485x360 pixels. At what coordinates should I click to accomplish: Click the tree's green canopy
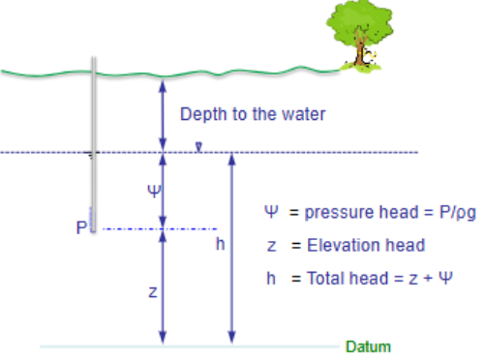point(360,21)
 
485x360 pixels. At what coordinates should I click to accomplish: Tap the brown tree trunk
point(361,53)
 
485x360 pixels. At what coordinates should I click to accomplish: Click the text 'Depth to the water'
point(253,114)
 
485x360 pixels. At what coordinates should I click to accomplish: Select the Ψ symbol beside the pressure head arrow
point(152,190)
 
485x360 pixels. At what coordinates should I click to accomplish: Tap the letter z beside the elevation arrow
point(153,291)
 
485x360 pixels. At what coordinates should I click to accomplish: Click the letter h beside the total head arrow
point(220,245)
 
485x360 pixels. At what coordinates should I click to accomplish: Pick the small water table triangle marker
point(197,148)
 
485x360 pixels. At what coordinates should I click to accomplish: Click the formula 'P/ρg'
point(429,213)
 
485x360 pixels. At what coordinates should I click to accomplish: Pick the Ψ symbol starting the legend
point(272,213)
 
